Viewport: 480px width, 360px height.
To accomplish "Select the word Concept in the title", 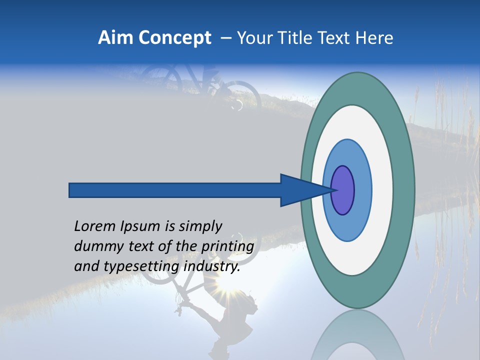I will (x=175, y=38).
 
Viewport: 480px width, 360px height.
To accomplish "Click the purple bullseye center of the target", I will (x=343, y=190).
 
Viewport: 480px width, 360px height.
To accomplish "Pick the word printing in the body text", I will (x=227, y=247).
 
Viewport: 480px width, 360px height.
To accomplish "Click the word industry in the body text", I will (x=212, y=267).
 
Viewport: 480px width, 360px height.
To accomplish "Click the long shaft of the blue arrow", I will (x=175, y=190).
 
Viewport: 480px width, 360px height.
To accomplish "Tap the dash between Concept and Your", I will (x=225, y=38).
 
